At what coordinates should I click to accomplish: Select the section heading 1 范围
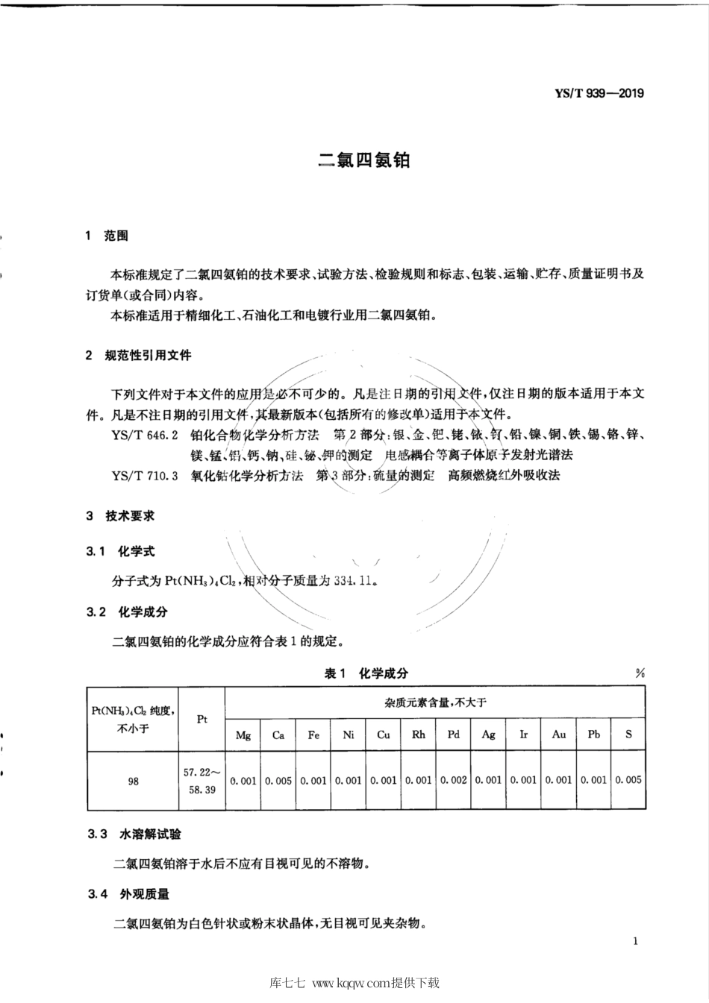click(x=107, y=236)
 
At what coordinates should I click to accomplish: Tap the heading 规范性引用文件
click(x=149, y=355)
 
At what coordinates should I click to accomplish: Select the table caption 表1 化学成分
click(x=366, y=673)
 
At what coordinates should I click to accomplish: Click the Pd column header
click(x=453, y=734)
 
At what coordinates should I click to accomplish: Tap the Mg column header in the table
click(x=243, y=735)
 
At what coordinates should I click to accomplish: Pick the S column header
click(x=628, y=734)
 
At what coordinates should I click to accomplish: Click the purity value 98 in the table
click(x=133, y=781)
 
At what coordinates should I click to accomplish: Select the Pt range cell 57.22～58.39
click(x=201, y=781)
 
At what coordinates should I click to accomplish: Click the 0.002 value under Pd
click(x=453, y=780)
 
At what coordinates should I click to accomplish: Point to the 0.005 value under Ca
click(x=278, y=780)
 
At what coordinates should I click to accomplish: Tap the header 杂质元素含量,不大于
click(x=435, y=702)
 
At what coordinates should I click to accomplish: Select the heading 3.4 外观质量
click(x=128, y=893)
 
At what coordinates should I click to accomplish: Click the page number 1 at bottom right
click(x=634, y=941)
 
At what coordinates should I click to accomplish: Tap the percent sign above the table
click(x=640, y=673)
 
